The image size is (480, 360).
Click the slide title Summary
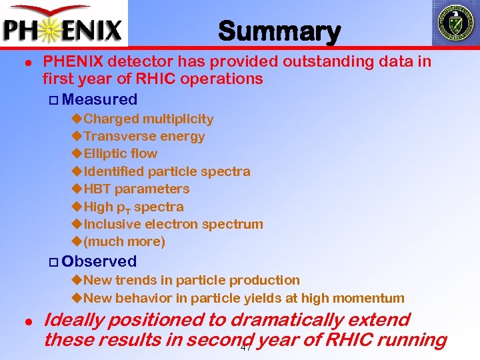point(279,31)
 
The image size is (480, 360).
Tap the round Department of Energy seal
point(455,22)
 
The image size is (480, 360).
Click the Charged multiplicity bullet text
point(149,119)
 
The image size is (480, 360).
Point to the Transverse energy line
point(144,137)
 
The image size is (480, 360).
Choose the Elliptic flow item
point(121,154)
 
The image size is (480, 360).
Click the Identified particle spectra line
point(167,171)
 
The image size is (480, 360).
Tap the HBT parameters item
point(137,189)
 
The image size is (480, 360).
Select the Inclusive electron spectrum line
point(173,224)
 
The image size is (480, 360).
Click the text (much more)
point(124,241)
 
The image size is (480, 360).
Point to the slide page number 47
point(246,348)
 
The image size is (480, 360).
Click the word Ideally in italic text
point(73,320)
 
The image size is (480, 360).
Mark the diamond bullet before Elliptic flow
point(76,154)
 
